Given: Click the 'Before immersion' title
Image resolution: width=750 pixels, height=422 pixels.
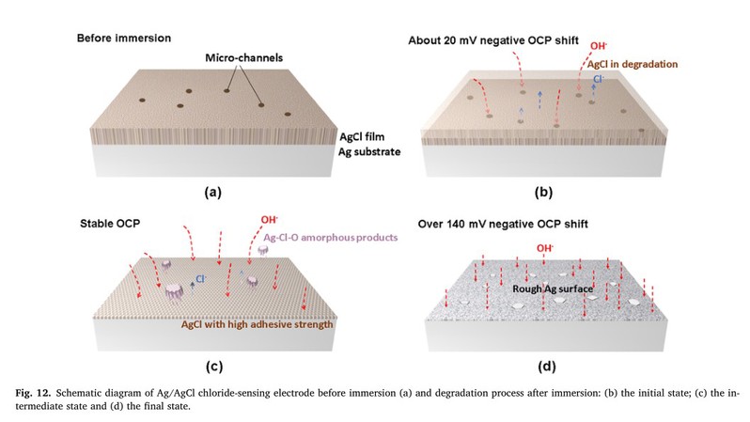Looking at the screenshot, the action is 124,38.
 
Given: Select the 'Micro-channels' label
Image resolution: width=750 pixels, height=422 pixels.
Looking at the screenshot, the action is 244,58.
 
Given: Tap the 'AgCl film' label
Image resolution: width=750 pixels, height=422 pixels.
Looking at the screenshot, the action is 362,137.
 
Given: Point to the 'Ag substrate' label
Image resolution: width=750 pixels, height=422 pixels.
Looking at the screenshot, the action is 369,151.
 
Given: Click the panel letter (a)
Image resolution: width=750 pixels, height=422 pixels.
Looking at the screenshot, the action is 212,193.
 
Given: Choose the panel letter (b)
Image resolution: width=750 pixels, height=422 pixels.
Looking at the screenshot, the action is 543,193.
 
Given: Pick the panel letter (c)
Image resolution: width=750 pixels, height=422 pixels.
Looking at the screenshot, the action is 214,367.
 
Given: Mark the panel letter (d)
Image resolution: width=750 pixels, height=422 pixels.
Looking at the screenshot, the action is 547,367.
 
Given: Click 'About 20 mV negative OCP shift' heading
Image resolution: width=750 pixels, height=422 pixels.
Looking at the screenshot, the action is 493,40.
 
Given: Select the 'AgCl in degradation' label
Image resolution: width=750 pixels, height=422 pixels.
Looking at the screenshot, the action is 633,64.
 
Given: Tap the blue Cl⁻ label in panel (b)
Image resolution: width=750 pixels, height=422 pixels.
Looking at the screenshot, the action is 599,79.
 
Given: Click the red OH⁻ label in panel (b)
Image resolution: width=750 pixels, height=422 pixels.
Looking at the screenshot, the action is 599,46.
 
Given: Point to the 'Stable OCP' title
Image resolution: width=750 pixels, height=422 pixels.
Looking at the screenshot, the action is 110,224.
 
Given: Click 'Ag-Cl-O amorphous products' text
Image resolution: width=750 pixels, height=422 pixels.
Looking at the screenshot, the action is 331,237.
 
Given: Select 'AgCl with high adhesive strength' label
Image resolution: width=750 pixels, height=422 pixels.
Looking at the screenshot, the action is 257,324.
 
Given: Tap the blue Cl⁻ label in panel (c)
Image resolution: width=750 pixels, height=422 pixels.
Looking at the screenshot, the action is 200,279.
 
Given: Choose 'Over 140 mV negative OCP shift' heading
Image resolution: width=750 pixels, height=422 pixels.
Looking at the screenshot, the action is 503,224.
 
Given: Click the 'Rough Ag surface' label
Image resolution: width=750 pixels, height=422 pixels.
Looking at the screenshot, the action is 553,289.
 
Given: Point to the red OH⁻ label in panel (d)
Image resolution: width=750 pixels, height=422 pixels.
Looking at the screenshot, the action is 545,248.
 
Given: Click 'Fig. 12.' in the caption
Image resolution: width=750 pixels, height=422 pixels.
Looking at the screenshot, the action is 33,393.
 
